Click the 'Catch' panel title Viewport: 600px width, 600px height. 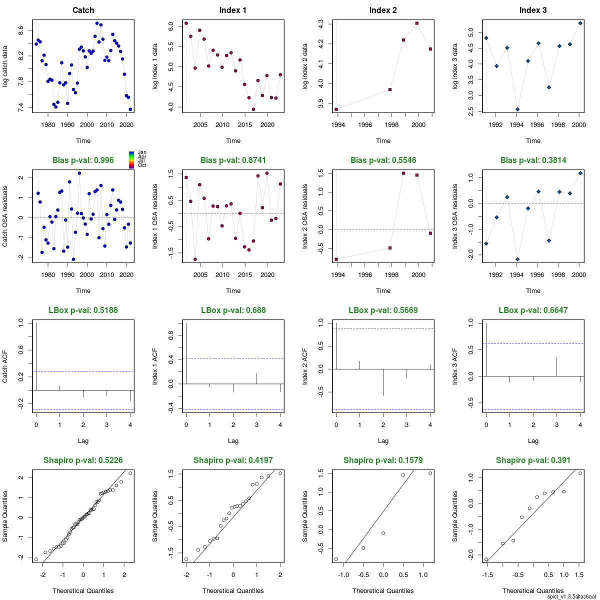coord(83,10)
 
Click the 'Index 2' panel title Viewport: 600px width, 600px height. coord(383,10)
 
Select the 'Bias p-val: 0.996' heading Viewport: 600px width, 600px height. coord(83,160)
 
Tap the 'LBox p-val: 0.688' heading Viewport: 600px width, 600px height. coord(233,310)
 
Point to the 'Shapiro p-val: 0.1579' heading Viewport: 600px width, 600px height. coord(383,460)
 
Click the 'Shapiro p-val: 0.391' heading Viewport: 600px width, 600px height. coord(533,460)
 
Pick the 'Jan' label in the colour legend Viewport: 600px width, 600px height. coord(142,152)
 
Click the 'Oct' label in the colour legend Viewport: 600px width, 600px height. coord(142,165)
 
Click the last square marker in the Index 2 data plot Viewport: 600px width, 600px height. coord(430,49)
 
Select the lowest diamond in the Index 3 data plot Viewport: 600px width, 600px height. coord(517,109)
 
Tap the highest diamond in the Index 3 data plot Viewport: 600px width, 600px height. coord(580,23)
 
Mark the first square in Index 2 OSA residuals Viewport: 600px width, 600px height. coord(336,259)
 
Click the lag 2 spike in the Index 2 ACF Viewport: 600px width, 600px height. coord(383,382)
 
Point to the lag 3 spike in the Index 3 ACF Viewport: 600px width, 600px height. coord(557,367)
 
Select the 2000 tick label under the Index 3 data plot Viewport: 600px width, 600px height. coord(578,124)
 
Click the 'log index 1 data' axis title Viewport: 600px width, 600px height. coord(155,66)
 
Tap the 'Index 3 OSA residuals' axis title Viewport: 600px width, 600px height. coord(455,216)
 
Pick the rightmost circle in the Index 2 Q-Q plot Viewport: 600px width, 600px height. coord(430,473)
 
